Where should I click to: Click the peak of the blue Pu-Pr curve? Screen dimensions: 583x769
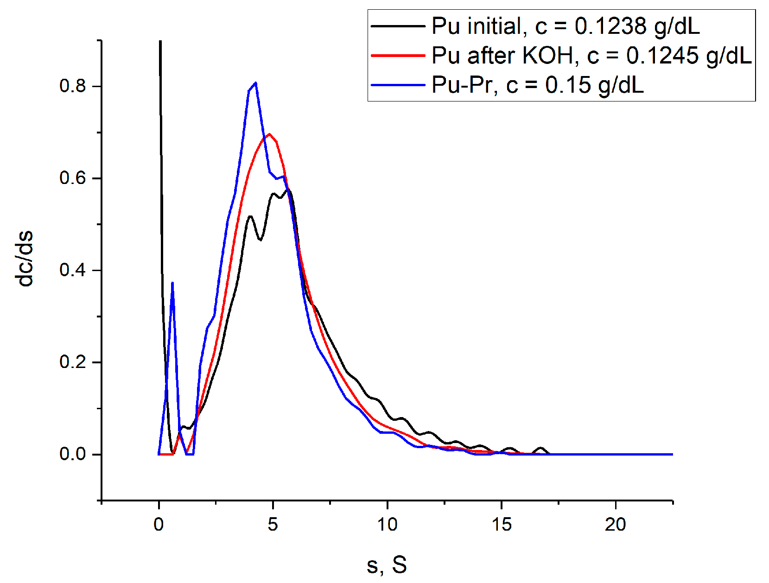pyautogui.click(x=255, y=83)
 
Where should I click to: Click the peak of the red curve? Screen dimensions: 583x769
pyautogui.click(x=269, y=134)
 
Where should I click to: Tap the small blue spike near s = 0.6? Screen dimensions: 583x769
pyautogui.click(x=172, y=283)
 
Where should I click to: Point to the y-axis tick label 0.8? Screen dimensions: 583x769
pyautogui.click(x=73, y=86)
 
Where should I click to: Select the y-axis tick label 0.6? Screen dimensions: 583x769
pyautogui.click(x=73, y=178)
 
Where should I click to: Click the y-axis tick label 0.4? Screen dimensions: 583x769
pyautogui.click(x=73, y=270)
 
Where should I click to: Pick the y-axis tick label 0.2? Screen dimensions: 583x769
pyautogui.click(x=73, y=362)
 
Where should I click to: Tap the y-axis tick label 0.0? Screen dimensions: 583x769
pyautogui.click(x=73, y=454)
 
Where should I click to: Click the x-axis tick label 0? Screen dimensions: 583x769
pyautogui.click(x=159, y=525)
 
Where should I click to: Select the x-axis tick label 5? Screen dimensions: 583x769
pyautogui.click(x=273, y=525)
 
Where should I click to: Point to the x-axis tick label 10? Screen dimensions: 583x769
pyautogui.click(x=387, y=525)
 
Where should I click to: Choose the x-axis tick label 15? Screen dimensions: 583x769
pyautogui.click(x=502, y=525)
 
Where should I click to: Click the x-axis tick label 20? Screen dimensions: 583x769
pyautogui.click(x=616, y=525)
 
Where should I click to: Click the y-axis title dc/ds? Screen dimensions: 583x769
pyautogui.click(x=24, y=259)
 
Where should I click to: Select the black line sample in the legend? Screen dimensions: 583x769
pyautogui.click(x=398, y=26)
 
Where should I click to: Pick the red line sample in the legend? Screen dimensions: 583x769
pyautogui.click(x=398, y=56)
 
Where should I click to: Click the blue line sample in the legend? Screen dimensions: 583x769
pyautogui.click(x=398, y=85)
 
